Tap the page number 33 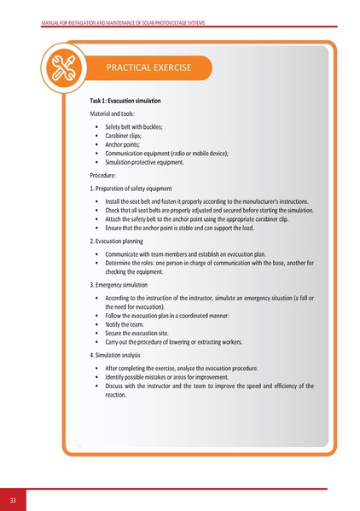coord(13,499)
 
